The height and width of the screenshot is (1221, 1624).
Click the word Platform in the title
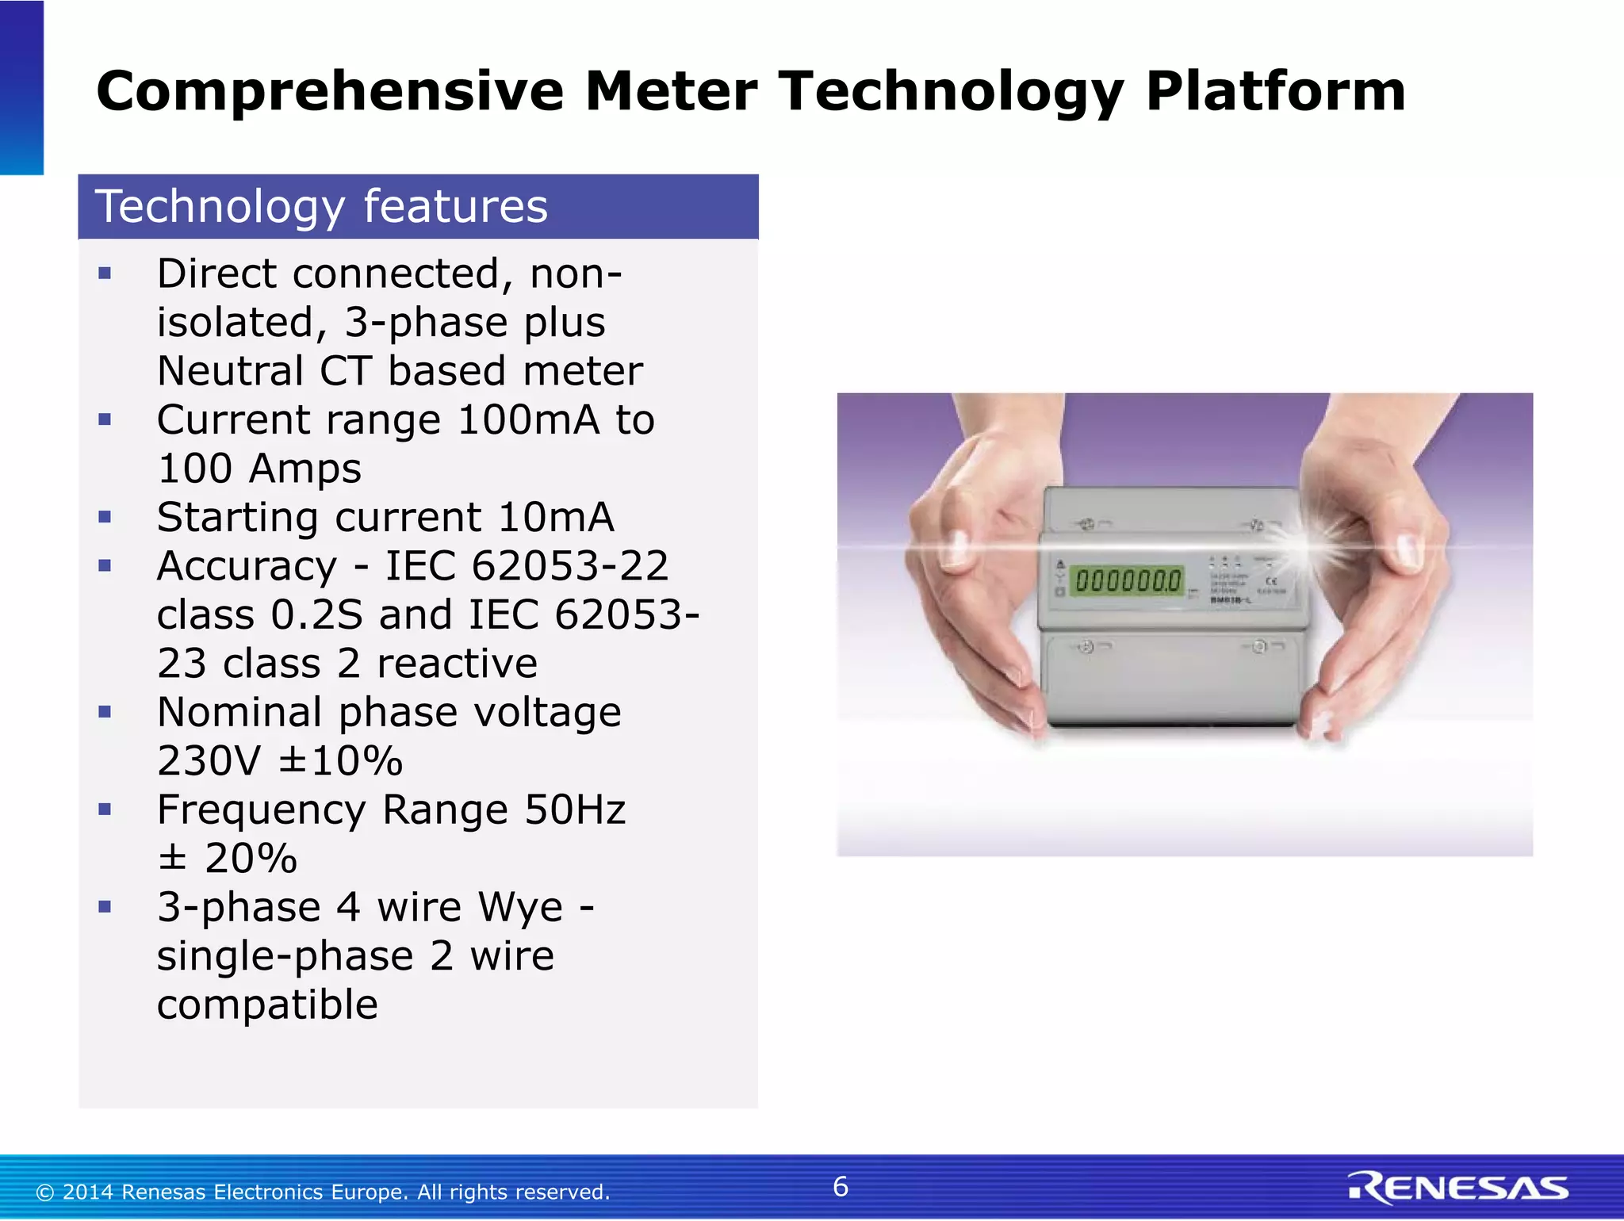[x=1275, y=91]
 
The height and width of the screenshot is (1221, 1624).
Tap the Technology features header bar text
[x=321, y=207]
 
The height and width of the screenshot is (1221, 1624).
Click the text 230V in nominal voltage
[x=208, y=761]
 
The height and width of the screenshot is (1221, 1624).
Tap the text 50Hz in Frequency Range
[x=575, y=810]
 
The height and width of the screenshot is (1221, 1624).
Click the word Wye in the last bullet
[x=521, y=907]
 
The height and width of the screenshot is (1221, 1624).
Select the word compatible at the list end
[x=267, y=1005]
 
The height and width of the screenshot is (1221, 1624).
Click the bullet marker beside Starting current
[x=105, y=518]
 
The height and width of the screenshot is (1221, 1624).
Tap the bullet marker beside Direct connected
[x=105, y=274]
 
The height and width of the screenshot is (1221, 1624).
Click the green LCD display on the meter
[x=1127, y=581]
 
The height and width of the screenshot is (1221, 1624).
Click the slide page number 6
[x=841, y=1187]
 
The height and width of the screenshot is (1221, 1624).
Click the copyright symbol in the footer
[x=45, y=1192]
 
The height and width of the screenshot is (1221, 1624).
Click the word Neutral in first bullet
[x=230, y=372]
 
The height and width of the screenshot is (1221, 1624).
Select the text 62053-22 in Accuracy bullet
[x=569, y=567]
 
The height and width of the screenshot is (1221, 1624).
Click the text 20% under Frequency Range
[x=250, y=859]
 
